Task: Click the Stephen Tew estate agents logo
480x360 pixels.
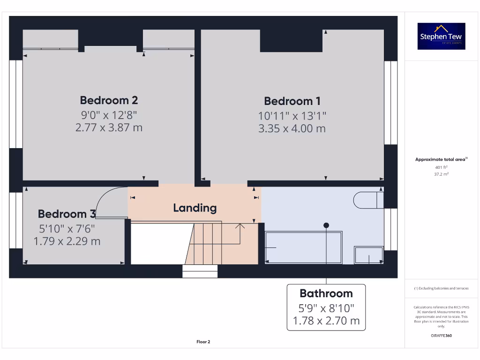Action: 441,36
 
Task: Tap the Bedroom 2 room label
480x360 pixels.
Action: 109,100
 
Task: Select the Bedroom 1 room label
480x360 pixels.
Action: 292,101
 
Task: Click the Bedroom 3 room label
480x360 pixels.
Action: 67,214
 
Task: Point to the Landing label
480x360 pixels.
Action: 195,208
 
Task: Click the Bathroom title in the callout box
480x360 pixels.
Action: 326,293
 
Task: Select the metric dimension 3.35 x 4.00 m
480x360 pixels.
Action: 292,128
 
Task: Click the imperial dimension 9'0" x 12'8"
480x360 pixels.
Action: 109,114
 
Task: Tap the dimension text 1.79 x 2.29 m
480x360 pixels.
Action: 67,241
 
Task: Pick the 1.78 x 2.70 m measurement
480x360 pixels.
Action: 326,321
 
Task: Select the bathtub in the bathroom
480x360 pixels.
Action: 303,247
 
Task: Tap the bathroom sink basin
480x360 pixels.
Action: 369,255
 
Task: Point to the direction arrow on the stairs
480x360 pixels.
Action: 240,227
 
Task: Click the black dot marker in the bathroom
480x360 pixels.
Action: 326,225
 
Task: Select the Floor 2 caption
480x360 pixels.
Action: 203,342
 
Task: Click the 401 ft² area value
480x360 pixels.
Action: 441,167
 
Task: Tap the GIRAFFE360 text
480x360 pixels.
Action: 441,336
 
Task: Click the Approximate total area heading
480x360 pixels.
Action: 441,159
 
